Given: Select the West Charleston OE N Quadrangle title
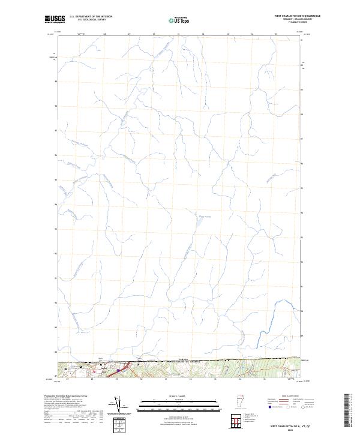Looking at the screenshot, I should [297, 16].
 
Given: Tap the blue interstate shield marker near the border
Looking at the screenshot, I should [119, 371].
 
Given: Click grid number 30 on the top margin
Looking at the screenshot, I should [154, 34].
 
